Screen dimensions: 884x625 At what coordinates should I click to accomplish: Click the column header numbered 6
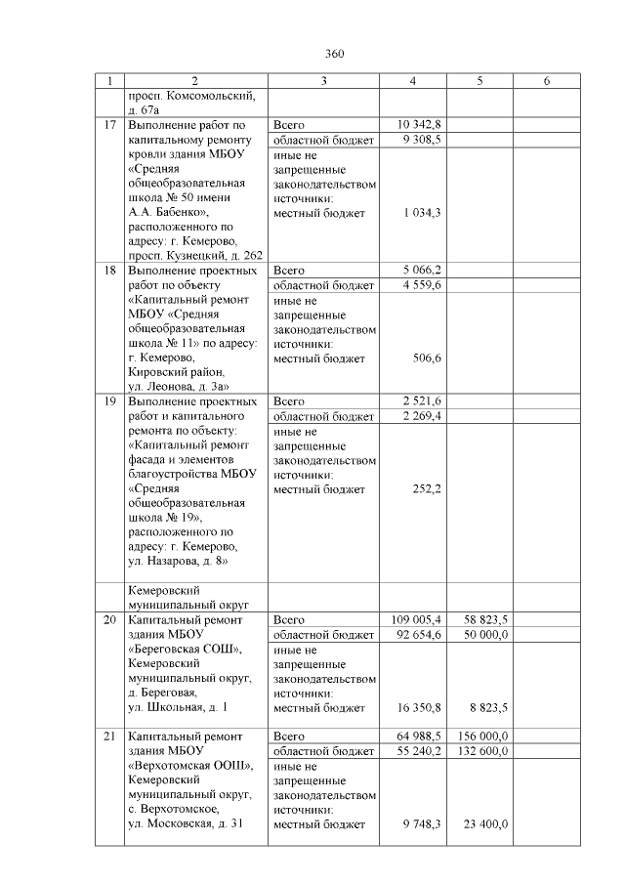tap(546, 81)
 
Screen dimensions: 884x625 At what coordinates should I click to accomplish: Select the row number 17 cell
tap(110, 125)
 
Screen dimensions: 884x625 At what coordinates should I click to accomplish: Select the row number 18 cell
tap(110, 271)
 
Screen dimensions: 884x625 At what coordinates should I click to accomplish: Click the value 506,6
tap(428, 358)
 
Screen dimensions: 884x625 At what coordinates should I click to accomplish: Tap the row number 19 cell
tap(110, 401)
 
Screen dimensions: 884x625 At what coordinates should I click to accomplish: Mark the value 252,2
tap(428, 489)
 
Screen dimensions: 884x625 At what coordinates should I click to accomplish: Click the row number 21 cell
tap(110, 737)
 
